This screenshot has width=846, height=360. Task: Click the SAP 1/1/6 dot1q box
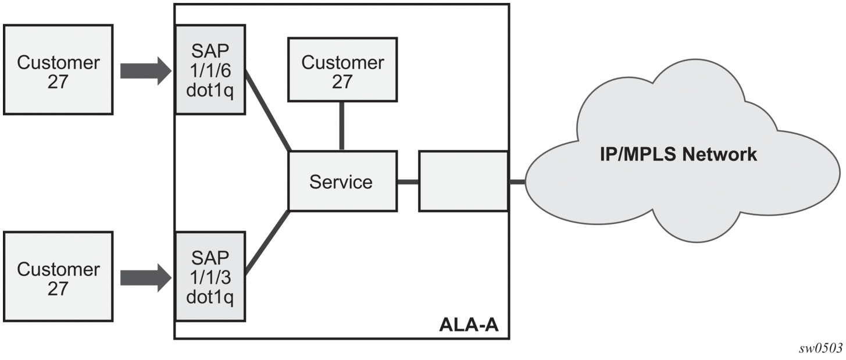click(x=210, y=70)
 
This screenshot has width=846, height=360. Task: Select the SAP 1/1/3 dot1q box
click(x=210, y=276)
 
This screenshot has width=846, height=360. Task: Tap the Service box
click(x=342, y=181)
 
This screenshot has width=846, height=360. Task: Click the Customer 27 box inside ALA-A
click(x=342, y=70)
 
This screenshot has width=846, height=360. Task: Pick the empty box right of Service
click(x=463, y=181)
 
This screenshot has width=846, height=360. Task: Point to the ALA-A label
click(x=469, y=325)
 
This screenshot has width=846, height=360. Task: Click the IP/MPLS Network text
click(x=679, y=155)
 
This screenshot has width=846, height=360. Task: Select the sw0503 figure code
click(x=820, y=348)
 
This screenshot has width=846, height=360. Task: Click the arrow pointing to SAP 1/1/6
click(x=146, y=71)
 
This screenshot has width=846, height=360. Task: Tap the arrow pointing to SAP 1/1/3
click(x=146, y=278)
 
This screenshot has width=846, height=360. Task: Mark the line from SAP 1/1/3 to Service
click(x=267, y=243)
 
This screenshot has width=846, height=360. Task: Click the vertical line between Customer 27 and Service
click(x=342, y=126)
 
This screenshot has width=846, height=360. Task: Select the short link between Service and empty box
click(x=408, y=182)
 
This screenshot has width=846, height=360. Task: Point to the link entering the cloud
click(x=517, y=182)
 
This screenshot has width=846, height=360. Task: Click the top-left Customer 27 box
click(x=58, y=70)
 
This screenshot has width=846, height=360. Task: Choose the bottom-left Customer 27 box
click(x=58, y=276)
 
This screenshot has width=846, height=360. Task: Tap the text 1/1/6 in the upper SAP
click(x=210, y=70)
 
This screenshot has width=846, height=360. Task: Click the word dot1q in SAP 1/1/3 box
click(x=210, y=297)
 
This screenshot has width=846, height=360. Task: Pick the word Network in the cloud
click(x=719, y=155)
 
